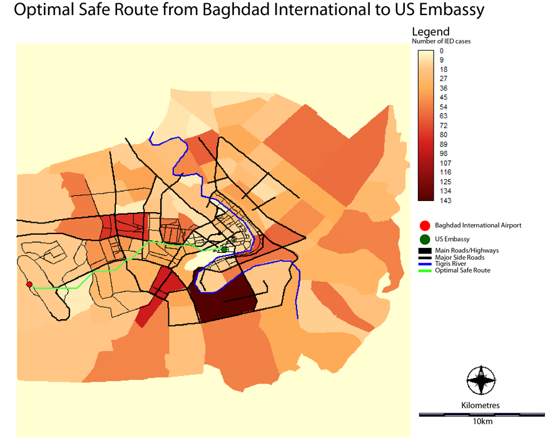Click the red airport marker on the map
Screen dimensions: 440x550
pyautogui.click(x=29, y=285)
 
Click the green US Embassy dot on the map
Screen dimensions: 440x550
pyautogui.click(x=224, y=250)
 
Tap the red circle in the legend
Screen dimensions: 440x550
pyautogui.click(x=425, y=225)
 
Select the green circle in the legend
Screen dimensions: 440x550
pyautogui.click(x=425, y=239)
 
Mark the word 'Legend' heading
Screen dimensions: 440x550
pyautogui.click(x=430, y=32)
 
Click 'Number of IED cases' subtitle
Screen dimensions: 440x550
pyautogui.click(x=441, y=41)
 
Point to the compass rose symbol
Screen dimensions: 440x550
pyautogui.click(x=481, y=379)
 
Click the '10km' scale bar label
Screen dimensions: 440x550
pyautogui.click(x=482, y=421)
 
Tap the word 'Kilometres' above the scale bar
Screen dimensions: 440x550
pyautogui.click(x=481, y=406)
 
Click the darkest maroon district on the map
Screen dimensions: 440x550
pyautogui.click(x=225, y=300)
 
